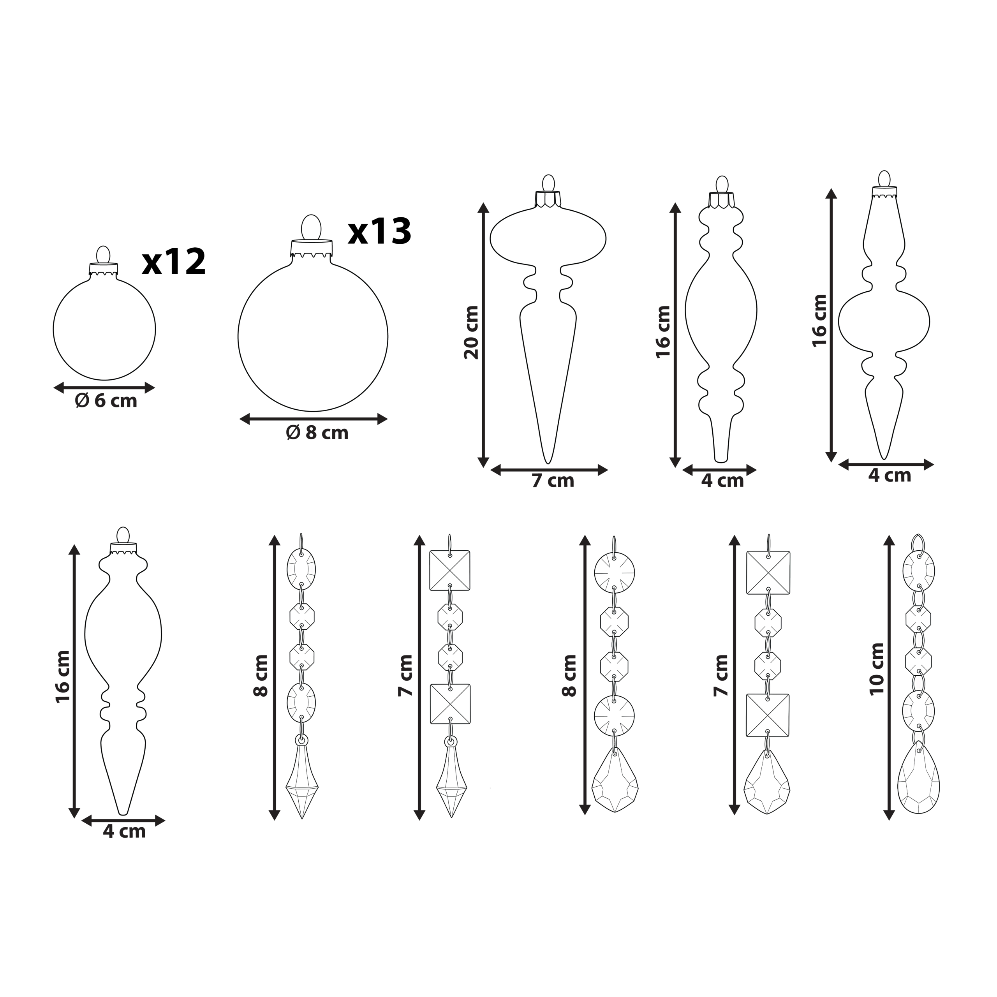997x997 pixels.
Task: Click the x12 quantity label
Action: pos(174,262)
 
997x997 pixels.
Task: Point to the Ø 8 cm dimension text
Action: pos(317,432)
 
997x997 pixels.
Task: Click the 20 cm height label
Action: pos(471,332)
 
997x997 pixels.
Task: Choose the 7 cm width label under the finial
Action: pos(553,481)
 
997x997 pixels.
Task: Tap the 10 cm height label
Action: pos(876,669)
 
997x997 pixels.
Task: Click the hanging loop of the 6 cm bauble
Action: pos(104,255)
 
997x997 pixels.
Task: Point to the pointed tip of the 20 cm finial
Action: pos(548,462)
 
